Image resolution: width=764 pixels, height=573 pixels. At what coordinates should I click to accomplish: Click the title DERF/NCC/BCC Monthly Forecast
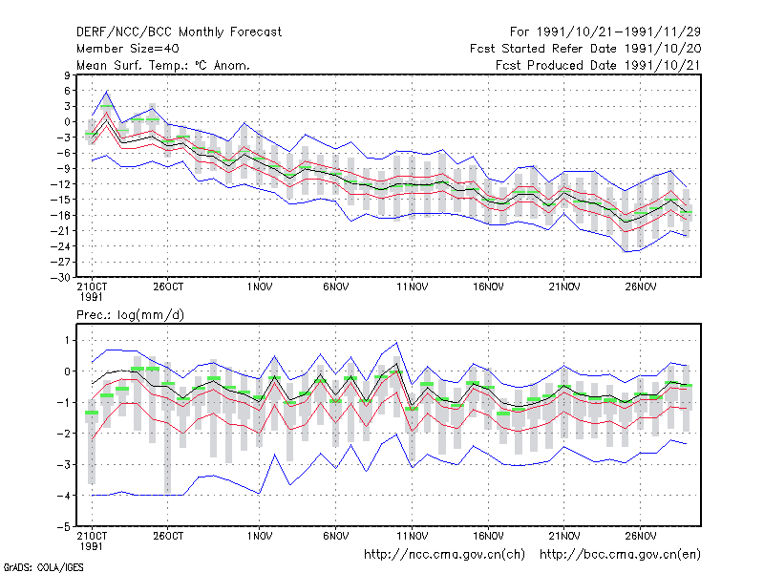tap(179, 32)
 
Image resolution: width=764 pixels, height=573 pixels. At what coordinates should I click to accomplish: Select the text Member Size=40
tap(128, 49)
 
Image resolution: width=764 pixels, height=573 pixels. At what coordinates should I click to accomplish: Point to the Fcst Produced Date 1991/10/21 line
tap(598, 65)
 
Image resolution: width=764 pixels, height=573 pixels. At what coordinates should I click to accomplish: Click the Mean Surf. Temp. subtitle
tap(162, 65)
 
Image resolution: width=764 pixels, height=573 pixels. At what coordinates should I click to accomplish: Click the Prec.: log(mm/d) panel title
tap(130, 315)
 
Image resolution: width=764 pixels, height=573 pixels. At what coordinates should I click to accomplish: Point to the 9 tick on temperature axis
tap(67, 75)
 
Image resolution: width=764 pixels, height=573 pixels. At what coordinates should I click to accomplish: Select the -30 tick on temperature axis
tap(61, 278)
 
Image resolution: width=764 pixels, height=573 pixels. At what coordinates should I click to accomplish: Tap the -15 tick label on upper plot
tap(61, 200)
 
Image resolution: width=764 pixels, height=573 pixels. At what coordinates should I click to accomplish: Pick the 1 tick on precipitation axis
tap(67, 340)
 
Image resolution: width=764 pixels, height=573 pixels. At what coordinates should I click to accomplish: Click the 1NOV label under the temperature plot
tap(260, 287)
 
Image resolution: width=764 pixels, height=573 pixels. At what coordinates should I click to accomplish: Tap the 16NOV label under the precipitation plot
tap(488, 536)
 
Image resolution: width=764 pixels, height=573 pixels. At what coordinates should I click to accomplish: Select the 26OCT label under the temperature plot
tap(168, 287)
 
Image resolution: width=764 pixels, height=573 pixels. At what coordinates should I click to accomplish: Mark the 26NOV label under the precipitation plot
tap(641, 536)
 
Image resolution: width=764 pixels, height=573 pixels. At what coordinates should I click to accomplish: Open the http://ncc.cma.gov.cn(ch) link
tap(444, 555)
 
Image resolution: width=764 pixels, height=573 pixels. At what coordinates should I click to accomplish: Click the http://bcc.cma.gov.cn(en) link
tap(620, 555)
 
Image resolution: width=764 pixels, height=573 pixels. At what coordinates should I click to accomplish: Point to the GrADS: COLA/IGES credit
tap(43, 567)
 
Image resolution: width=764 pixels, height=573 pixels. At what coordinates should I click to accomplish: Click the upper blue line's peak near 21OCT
tap(107, 91)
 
